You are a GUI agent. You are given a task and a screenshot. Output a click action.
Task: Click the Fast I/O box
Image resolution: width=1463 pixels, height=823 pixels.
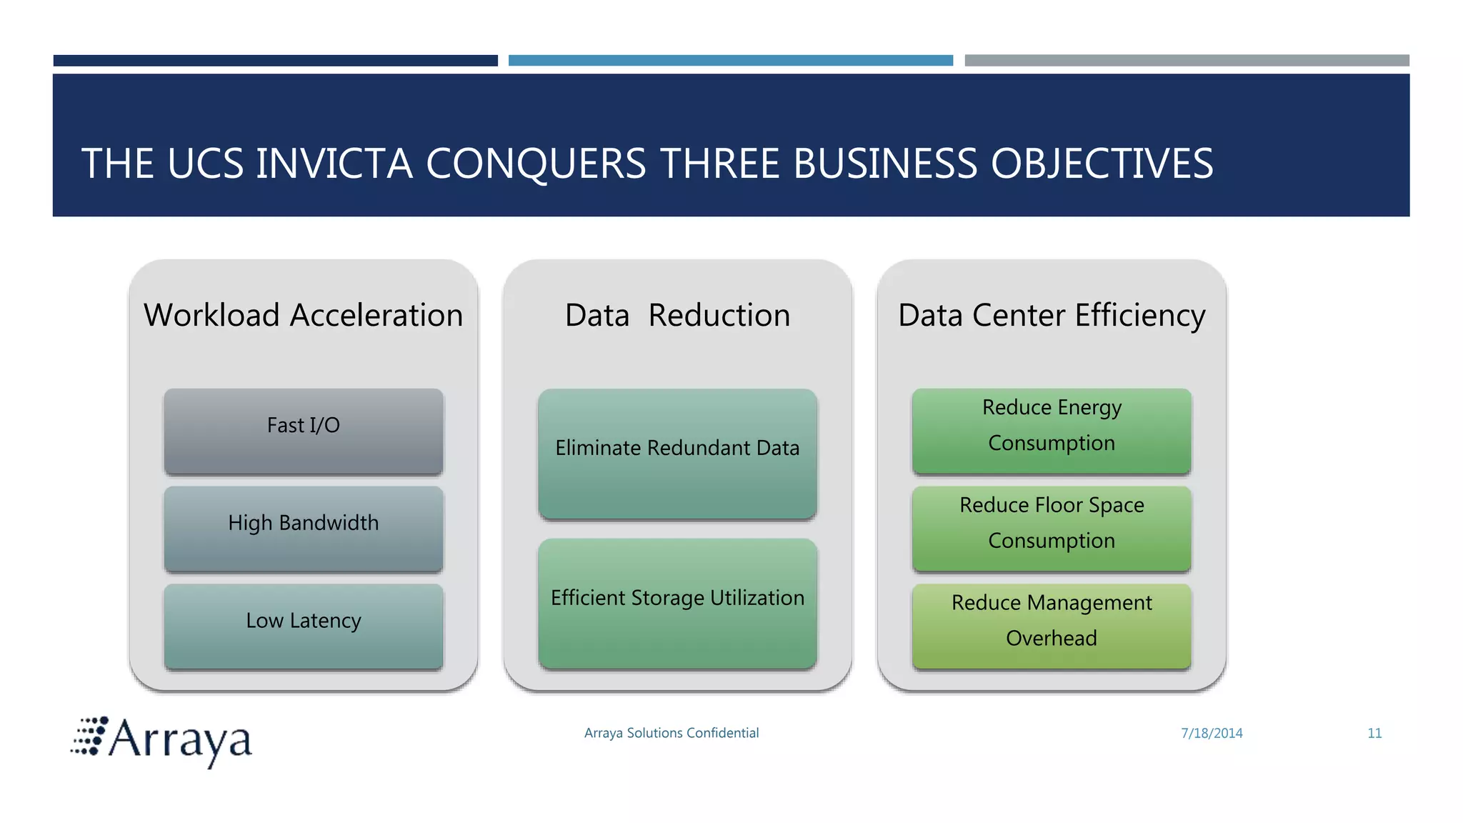pos(304,431)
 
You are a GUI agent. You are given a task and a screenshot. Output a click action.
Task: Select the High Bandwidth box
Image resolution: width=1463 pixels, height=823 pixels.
pos(304,529)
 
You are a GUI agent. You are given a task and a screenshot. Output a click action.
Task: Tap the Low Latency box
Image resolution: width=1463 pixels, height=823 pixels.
pos(304,626)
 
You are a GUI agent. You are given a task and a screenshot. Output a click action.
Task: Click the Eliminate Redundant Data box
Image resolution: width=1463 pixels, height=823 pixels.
pos(677,454)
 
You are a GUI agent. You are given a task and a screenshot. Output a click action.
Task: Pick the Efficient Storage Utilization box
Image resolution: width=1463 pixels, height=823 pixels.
pos(677,603)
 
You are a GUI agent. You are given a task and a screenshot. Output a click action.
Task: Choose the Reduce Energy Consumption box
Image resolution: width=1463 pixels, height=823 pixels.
pos(1052,431)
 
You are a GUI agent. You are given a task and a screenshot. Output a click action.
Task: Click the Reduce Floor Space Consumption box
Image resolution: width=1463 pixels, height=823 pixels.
pos(1052,529)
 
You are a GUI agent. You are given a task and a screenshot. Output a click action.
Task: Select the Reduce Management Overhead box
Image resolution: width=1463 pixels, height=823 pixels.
pos(1052,626)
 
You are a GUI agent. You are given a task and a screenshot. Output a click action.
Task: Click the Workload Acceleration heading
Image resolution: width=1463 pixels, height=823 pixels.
pos(304,315)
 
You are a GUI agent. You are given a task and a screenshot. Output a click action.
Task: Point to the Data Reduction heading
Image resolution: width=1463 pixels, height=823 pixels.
pos(677,315)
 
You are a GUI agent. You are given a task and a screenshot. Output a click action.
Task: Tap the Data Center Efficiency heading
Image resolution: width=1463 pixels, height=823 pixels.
pos(1052,315)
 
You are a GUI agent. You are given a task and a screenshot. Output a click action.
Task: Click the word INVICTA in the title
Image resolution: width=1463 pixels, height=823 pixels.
pos(334,164)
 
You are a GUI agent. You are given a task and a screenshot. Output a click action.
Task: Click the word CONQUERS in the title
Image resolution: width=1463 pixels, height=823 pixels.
pos(536,164)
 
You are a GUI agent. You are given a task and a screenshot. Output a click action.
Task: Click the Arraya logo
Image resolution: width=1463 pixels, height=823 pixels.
pos(162,740)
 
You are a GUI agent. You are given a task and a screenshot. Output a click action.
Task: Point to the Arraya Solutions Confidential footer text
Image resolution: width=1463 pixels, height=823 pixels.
pos(671,733)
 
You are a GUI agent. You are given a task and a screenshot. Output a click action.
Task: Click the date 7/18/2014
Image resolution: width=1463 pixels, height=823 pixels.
pos(1212,733)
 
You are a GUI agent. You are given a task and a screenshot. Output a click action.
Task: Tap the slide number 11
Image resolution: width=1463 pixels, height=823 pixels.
pos(1374,733)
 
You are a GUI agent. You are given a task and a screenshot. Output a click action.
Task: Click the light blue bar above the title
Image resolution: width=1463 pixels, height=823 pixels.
pos(731,61)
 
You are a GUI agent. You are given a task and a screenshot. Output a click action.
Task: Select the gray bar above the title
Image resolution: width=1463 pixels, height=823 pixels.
pos(1187,61)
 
